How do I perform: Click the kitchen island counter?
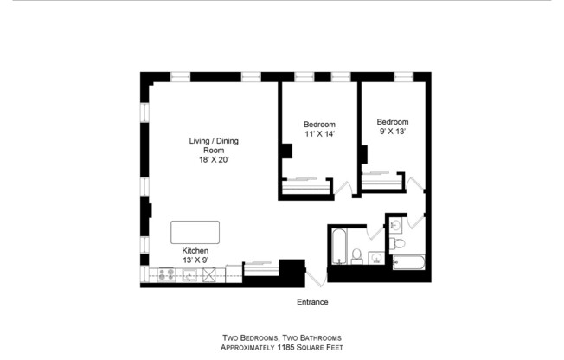[195, 232]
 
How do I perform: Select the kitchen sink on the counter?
[188, 275]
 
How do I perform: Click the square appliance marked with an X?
[208, 275]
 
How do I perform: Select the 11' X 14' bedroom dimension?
[319, 134]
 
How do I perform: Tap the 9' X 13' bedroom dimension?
[392, 132]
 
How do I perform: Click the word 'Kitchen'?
[195, 250]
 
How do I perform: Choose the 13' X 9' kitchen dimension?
[195, 260]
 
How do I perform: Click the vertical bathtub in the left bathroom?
[337, 247]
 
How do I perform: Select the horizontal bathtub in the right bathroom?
[407, 262]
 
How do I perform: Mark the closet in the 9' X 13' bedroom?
[381, 181]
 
